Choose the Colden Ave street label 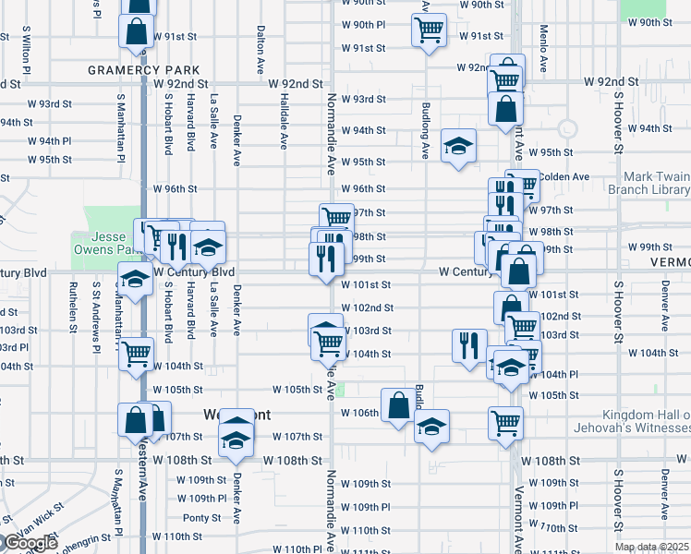[x=564, y=176]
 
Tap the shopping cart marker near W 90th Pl [x=429, y=29]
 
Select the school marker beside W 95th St [x=458, y=146]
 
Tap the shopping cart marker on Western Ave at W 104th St [x=137, y=352]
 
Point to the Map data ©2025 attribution [x=650, y=547]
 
